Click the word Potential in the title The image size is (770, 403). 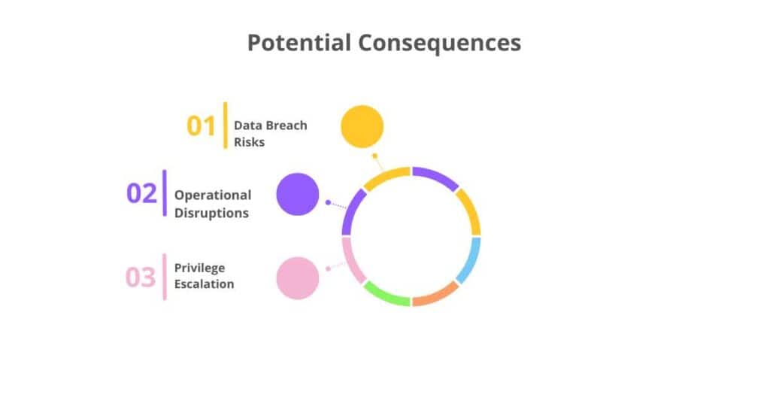click(299, 43)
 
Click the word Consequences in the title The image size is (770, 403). click(438, 43)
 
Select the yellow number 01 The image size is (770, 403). click(201, 126)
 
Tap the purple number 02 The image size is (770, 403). click(141, 193)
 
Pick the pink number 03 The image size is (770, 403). click(141, 277)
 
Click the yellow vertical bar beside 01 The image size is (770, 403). click(225, 125)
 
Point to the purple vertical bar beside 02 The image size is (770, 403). click(165, 193)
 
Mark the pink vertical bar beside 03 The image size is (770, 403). click(165, 277)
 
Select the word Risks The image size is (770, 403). click(249, 141)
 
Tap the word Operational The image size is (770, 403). click(213, 195)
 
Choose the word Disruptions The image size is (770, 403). click(211, 213)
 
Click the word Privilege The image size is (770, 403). click(199, 268)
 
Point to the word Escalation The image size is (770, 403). click(204, 284)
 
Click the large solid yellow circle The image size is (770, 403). click(362, 126)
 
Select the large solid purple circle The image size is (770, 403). click(298, 194)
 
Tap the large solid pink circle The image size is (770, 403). click(298, 278)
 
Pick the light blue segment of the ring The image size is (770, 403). click(471, 260)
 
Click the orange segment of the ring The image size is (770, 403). click(436, 295)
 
